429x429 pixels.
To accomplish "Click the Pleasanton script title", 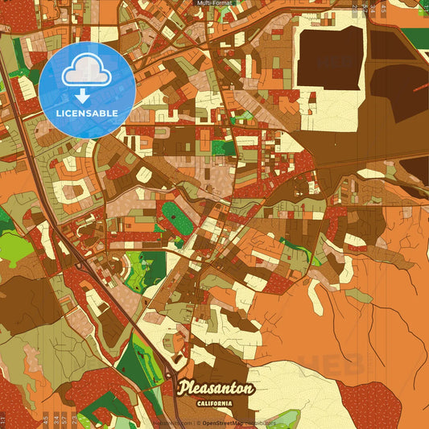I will click(215, 388).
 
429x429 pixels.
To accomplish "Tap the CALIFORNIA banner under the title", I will click(214, 402).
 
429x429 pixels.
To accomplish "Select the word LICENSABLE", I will click(86, 113).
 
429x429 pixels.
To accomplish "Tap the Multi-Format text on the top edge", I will click(215, 3).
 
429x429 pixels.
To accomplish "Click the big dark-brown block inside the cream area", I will click(330, 58).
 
